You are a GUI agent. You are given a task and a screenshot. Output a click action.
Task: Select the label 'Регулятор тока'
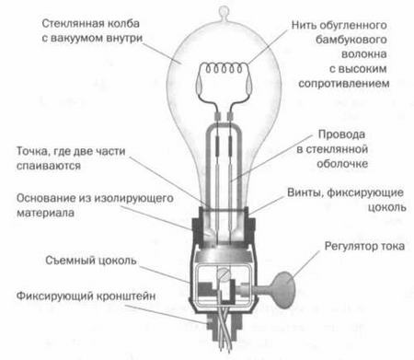[352, 247]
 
